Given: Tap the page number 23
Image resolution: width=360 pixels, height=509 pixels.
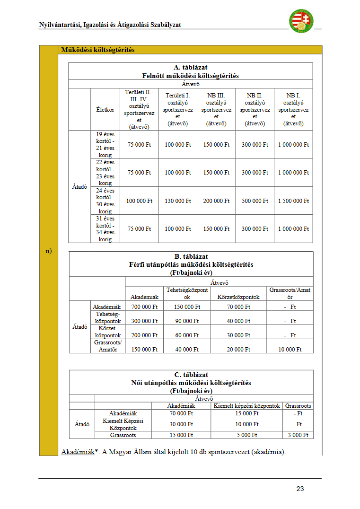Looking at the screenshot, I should click(x=300, y=489).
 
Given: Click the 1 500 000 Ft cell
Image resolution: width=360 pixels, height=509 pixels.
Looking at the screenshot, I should click(x=293, y=201).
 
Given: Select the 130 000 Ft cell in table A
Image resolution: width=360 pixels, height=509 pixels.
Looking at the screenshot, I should click(x=178, y=201).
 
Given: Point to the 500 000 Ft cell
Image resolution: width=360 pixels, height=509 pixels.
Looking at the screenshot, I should click(x=255, y=201).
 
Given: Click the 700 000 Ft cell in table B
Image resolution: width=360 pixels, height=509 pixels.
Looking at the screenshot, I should click(x=144, y=307).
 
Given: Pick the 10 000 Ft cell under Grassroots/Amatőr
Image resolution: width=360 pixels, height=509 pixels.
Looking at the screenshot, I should click(x=290, y=350).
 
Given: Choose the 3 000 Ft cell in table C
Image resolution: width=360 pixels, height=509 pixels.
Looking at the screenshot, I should click(x=299, y=435).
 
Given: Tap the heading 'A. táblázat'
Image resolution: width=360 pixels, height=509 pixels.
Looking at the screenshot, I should click(x=191, y=68).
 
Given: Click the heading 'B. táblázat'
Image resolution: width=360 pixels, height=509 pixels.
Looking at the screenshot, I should click(x=191, y=257).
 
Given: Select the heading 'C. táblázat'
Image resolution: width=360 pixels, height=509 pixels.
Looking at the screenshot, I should click(x=191, y=375).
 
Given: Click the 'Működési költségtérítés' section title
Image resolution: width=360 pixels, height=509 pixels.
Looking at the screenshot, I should click(x=98, y=50).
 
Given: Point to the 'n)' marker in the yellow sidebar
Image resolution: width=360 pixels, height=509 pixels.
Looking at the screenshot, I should click(x=49, y=251).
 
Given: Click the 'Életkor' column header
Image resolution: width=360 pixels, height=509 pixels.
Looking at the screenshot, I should click(x=105, y=110).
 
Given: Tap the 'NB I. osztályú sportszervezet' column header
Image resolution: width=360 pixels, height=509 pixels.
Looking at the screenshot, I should click(x=293, y=109).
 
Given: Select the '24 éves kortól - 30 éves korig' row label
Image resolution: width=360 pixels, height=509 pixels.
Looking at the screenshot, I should click(x=105, y=201).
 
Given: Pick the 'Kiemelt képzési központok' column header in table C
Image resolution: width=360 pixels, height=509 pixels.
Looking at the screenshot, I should click(x=247, y=406).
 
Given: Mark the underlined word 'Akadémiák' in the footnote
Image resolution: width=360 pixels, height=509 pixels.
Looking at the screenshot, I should click(x=78, y=452).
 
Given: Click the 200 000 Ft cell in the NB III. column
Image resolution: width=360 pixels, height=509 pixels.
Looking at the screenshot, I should click(x=216, y=201).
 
